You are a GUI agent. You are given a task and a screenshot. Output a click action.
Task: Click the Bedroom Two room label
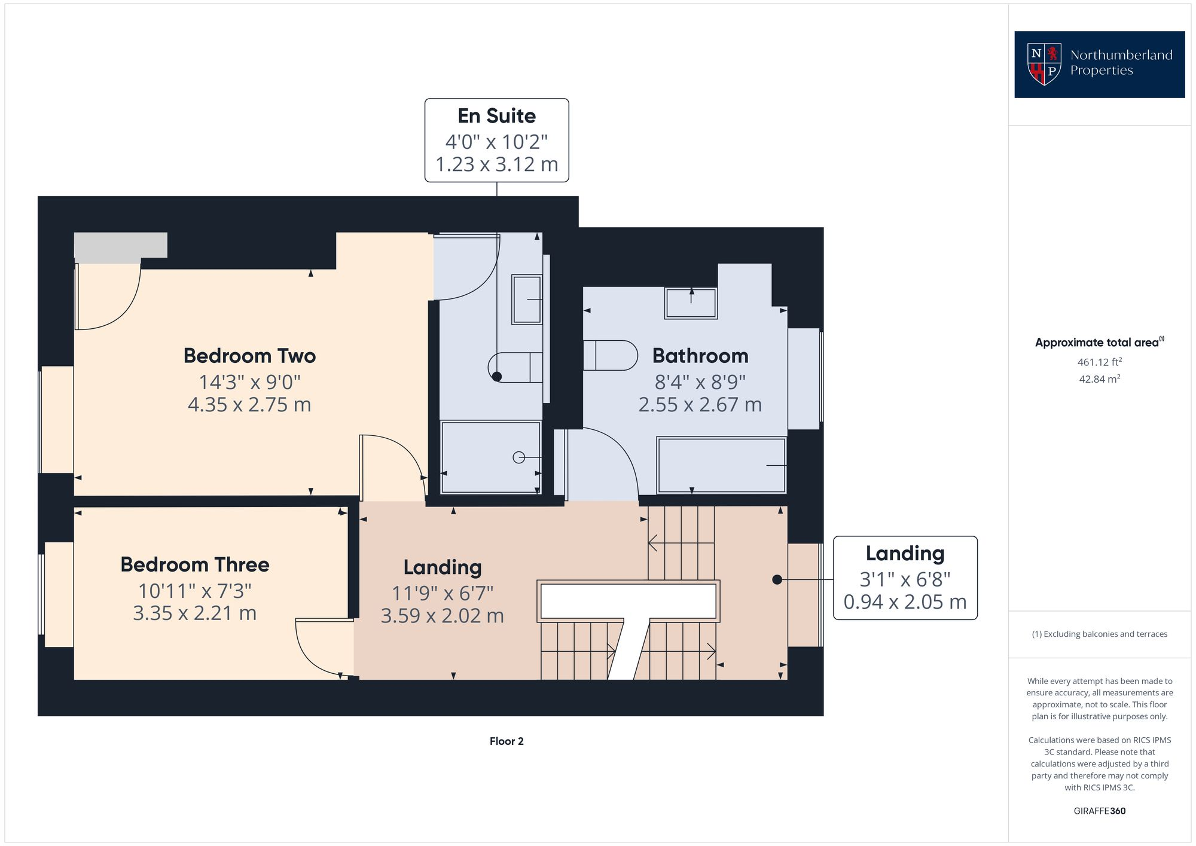tap(249, 356)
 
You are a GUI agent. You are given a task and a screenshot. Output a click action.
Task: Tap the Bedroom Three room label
tap(195, 564)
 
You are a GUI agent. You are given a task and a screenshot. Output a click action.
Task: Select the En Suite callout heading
tap(496, 115)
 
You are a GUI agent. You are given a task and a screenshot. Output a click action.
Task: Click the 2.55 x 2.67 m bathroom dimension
tap(700, 405)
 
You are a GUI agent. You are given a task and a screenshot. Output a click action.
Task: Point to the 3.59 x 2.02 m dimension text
tap(442, 616)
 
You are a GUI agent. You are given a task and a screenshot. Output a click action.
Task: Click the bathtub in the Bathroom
tap(721, 465)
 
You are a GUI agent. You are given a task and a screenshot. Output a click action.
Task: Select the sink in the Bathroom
tap(691, 303)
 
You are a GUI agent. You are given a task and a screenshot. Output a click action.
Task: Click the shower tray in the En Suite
tap(490, 457)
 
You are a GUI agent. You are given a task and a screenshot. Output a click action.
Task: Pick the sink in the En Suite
tap(527, 300)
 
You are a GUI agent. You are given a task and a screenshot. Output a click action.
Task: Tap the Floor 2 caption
tap(507, 741)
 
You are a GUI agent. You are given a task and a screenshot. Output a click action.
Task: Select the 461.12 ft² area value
tap(1099, 362)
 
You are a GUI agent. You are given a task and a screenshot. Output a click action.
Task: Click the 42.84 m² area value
tap(1099, 379)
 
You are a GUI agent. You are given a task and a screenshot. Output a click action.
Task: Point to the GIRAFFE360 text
tap(1099, 811)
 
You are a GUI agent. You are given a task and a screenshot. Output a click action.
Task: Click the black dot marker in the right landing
tap(777, 579)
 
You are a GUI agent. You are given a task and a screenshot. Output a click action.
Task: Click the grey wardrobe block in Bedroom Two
tap(120, 246)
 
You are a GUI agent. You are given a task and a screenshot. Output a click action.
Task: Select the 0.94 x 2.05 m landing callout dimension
tap(905, 602)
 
